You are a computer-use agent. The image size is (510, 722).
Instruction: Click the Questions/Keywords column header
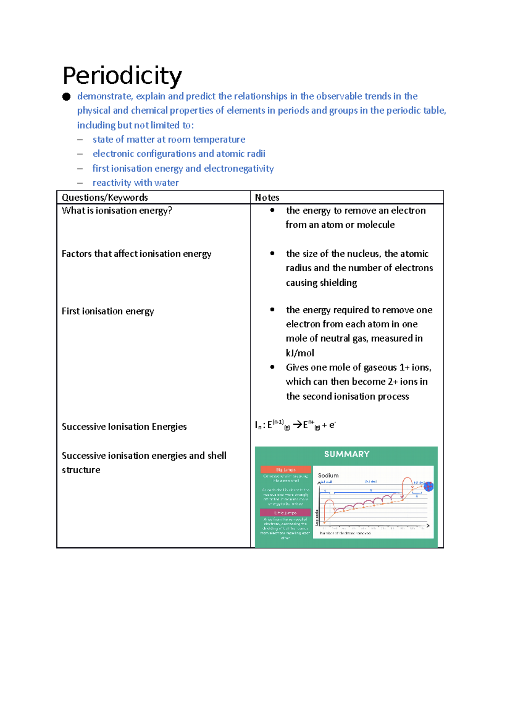pyautogui.click(x=105, y=197)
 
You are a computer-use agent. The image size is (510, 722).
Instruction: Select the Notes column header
pyautogui.click(x=267, y=197)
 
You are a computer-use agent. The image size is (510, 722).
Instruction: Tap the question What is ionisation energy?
pyautogui.click(x=117, y=210)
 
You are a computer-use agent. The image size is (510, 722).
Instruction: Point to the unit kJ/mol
pyautogui.click(x=300, y=353)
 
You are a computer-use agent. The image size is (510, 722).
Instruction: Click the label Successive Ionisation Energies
pyautogui.click(x=124, y=426)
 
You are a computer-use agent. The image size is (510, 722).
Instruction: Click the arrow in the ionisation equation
pyautogui.click(x=297, y=424)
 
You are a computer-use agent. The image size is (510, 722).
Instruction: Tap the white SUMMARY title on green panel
pyautogui.click(x=346, y=454)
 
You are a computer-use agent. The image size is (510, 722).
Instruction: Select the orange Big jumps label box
pyautogui.click(x=285, y=469)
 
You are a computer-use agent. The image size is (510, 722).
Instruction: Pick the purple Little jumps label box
pyautogui.click(x=285, y=513)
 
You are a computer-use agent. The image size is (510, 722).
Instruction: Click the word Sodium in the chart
pyautogui.click(x=328, y=475)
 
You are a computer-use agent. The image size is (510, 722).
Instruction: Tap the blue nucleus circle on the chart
pyautogui.click(x=428, y=486)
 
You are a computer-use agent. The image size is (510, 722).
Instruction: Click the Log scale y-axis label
pyautogui.click(x=317, y=517)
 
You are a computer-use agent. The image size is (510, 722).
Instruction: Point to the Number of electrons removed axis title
pyautogui.click(x=345, y=533)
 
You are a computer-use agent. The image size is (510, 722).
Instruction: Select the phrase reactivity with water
pyautogui.click(x=136, y=183)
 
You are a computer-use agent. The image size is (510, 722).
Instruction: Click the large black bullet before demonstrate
pyautogui.click(x=66, y=97)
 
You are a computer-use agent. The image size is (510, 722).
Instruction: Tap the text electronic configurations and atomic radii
pyautogui.click(x=179, y=153)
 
